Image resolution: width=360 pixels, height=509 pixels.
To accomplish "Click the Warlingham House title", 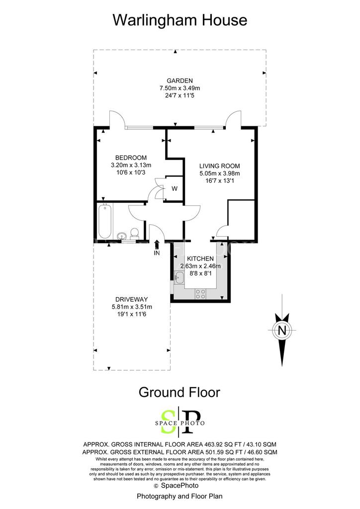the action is tap(180, 20).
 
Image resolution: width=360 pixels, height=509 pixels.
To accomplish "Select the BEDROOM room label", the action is tap(131, 158).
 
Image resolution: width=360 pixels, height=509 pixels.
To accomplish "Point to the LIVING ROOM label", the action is tap(219, 166).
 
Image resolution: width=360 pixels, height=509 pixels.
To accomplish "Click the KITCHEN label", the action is tap(200, 258).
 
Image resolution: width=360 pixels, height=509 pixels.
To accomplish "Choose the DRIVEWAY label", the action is tap(131, 299).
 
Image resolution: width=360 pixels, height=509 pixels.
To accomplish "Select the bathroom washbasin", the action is tap(121, 236).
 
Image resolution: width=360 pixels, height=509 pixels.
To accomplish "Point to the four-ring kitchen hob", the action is tap(200, 294).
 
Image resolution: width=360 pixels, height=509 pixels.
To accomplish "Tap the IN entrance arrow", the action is tap(157, 245).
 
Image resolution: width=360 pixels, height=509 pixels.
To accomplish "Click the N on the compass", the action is tap(282, 331).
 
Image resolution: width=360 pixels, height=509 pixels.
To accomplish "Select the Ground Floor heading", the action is tap(180, 392).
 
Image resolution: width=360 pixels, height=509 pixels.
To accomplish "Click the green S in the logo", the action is tap(168, 422).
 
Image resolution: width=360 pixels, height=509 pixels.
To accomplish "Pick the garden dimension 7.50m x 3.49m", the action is tap(180, 88).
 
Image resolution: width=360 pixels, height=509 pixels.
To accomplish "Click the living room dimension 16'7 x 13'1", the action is tap(220, 181).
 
